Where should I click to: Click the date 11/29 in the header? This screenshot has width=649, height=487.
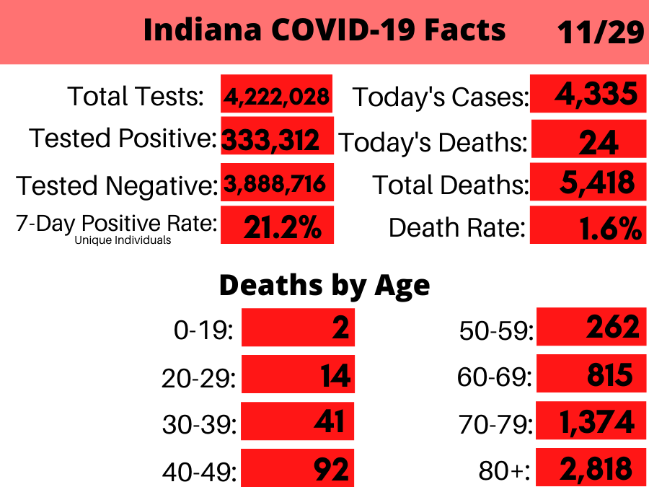(x=600, y=32)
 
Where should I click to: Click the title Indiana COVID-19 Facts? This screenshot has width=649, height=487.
(x=324, y=30)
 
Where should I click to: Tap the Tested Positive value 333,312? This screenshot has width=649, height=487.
(x=271, y=139)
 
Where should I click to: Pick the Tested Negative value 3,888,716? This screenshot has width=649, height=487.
(x=276, y=185)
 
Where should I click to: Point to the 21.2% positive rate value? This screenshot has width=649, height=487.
(x=282, y=227)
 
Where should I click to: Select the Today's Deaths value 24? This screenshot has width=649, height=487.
(x=598, y=142)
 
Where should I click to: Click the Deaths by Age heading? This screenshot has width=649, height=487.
(x=324, y=285)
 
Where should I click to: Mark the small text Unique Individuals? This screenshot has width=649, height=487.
(x=123, y=240)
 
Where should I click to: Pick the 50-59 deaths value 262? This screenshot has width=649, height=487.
(x=612, y=327)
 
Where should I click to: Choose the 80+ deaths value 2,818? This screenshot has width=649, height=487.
(x=596, y=470)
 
